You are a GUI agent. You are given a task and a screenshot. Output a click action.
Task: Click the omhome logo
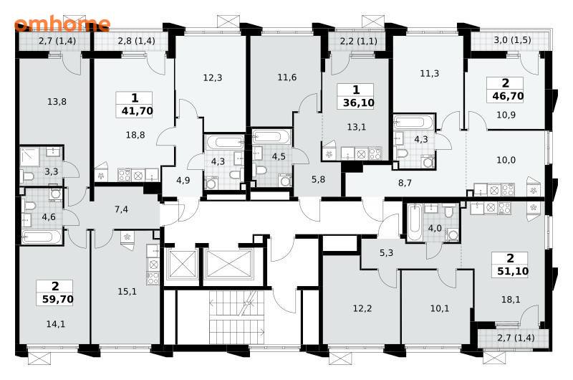coord(62,24)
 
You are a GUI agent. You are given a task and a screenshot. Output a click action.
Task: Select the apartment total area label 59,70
coord(58,300)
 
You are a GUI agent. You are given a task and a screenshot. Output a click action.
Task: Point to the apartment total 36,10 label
coord(359,103)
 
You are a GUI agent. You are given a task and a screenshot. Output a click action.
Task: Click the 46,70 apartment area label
coord(508,96)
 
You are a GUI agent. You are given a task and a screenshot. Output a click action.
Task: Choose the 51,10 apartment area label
coord(513,271)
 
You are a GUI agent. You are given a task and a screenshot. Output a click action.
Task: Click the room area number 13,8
coord(57,102)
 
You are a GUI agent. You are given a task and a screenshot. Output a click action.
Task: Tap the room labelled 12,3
coord(213,78)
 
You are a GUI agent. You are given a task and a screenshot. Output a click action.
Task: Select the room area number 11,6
coord(287,77)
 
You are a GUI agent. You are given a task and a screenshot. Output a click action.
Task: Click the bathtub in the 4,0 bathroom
coord(415,222)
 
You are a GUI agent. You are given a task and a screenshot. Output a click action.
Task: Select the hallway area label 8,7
coord(405,183)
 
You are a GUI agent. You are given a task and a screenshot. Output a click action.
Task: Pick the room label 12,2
coord(362,309)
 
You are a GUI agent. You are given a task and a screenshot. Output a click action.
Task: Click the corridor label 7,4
coord(121,209)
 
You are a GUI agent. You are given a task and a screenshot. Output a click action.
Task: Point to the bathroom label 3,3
coord(52,171)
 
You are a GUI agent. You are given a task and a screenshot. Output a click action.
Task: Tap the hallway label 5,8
coord(318,179)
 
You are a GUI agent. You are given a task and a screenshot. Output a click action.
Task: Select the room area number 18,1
coord(511,300)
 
